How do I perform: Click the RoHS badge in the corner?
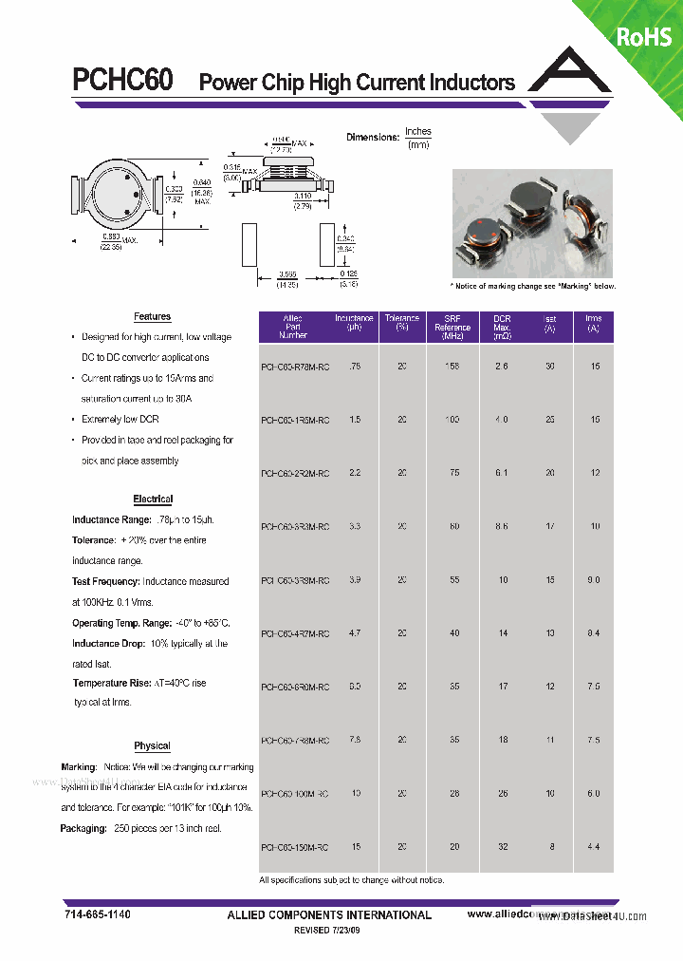coord(644,36)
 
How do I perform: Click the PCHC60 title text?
coord(122,81)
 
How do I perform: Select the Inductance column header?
coord(355,323)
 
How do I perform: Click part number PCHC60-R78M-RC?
coord(295,367)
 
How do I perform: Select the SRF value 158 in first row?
coord(452,366)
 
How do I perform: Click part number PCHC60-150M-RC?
coord(295,847)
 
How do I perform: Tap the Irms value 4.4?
coord(593,846)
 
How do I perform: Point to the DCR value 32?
coord(502,846)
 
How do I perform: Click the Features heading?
coord(152,317)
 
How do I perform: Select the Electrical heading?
coord(153,499)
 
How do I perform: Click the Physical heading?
coord(152,746)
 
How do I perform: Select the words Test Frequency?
coord(105,582)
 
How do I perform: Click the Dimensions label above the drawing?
coord(373,138)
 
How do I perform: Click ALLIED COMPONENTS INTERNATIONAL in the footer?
coord(328,915)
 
